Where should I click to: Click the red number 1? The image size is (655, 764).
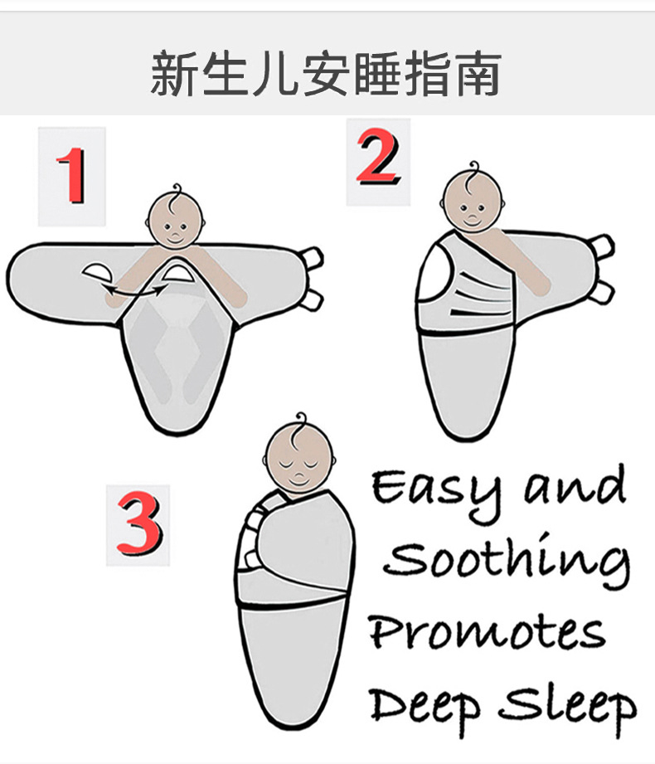coord(72,176)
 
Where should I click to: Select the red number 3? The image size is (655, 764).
coord(138,524)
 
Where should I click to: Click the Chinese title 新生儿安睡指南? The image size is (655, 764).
coord(326,74)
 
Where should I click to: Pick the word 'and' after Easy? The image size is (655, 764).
coord(575,488)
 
